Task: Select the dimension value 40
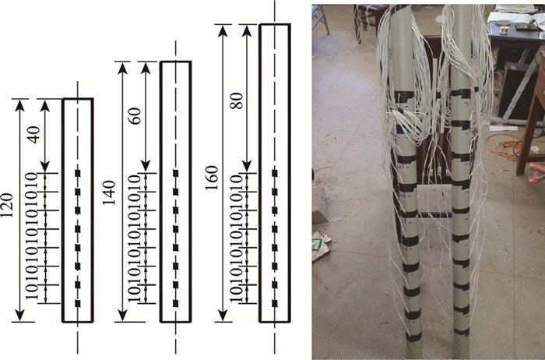33,133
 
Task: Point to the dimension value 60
135,117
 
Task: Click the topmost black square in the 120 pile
77,171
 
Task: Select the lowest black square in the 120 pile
77,302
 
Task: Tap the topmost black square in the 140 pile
176,171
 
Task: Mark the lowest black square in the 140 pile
176,302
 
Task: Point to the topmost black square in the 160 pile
275,171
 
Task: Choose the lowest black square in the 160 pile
275,302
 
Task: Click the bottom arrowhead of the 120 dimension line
20,316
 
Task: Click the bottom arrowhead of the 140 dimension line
121,316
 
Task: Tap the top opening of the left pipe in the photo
400,6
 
